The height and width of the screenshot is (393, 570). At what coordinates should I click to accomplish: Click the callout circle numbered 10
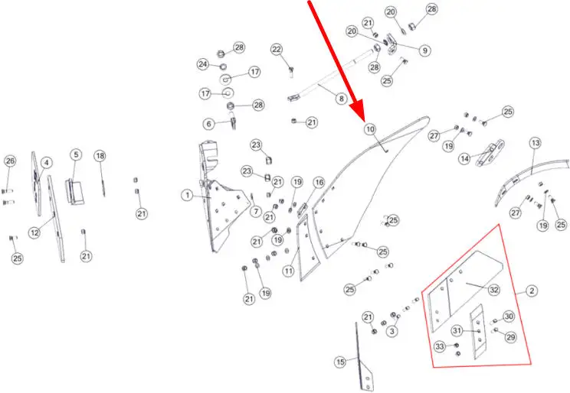point(370,129)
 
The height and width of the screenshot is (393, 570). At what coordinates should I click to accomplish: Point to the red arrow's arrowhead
point(358,112)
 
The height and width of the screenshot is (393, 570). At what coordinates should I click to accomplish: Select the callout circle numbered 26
point(10,161)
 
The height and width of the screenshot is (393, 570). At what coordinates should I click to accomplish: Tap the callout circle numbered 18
point(100,156)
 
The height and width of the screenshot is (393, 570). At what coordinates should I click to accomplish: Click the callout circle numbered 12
point(34,232)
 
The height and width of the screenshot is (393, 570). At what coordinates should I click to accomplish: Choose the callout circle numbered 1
point(188,196)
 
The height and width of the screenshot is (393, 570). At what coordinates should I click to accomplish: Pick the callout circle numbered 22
point(277,50)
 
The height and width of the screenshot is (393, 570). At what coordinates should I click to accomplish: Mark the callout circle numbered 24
point(203,64)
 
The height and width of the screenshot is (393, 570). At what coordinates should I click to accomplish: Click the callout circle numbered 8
point(341,99)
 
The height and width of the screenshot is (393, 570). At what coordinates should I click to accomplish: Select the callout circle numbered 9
point(424,50)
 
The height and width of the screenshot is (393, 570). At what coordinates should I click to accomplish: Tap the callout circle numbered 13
point(536,143)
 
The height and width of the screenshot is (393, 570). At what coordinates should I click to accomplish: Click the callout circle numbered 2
point(532,291)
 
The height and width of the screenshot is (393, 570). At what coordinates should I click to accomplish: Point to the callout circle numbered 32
point(493,290)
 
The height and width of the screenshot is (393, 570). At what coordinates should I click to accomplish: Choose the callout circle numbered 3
point(392,331)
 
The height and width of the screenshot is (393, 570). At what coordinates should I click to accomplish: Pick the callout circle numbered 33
point(440,346)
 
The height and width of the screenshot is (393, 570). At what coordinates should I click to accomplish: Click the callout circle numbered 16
point(319,183)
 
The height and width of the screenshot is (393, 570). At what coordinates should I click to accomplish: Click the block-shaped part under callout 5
point(75,191)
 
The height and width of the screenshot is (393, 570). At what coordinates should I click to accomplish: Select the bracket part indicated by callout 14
point(490,153)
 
